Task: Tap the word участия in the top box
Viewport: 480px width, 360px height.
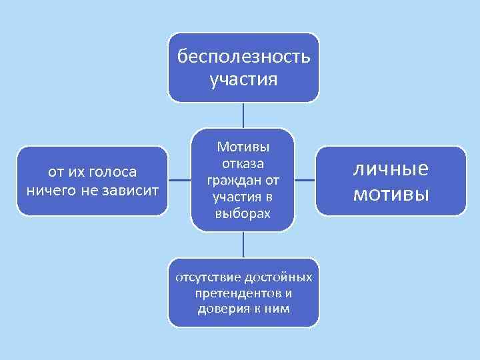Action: [x=243, y=80]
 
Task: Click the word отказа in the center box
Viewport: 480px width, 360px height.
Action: [x=243, y=164]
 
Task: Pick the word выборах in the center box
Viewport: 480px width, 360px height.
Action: [x=243, y=214]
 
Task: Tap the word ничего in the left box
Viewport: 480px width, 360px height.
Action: [x=49, y=191]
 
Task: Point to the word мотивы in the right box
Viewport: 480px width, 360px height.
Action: [x=390, y=194]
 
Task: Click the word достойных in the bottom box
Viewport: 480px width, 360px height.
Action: [x=279, y=277]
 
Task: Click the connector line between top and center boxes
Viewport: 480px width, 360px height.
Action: [x=243, y=115]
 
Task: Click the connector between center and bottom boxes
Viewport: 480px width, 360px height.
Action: [x=243, y=245]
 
